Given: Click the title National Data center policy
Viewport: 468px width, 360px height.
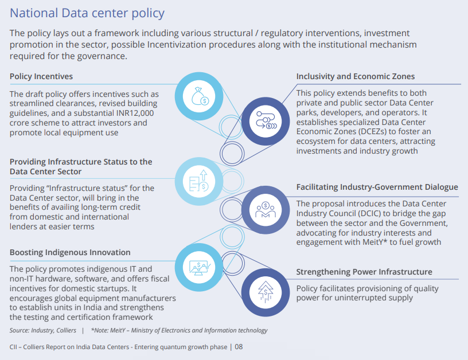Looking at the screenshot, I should click(x=87, y=13).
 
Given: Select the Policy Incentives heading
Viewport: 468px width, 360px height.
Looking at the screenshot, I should click(x=41, y=76).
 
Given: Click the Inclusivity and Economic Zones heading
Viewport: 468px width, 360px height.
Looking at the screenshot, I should click(x=355, y=76).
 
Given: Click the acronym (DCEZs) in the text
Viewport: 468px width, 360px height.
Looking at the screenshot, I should click(x=315, y=131).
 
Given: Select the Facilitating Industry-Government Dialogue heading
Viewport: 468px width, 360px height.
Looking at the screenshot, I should click(x=377, y=187).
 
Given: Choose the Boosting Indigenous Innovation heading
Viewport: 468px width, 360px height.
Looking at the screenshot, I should click(x=70, y=252).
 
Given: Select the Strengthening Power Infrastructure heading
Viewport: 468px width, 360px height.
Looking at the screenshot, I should click(x=364, y=272).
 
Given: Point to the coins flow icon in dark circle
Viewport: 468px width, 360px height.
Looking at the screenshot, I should click(x=266, y=119).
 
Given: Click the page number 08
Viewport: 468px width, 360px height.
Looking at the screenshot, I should click(x=239, y=347).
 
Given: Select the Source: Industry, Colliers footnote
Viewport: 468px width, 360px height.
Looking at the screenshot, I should click(x=43, y=330).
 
